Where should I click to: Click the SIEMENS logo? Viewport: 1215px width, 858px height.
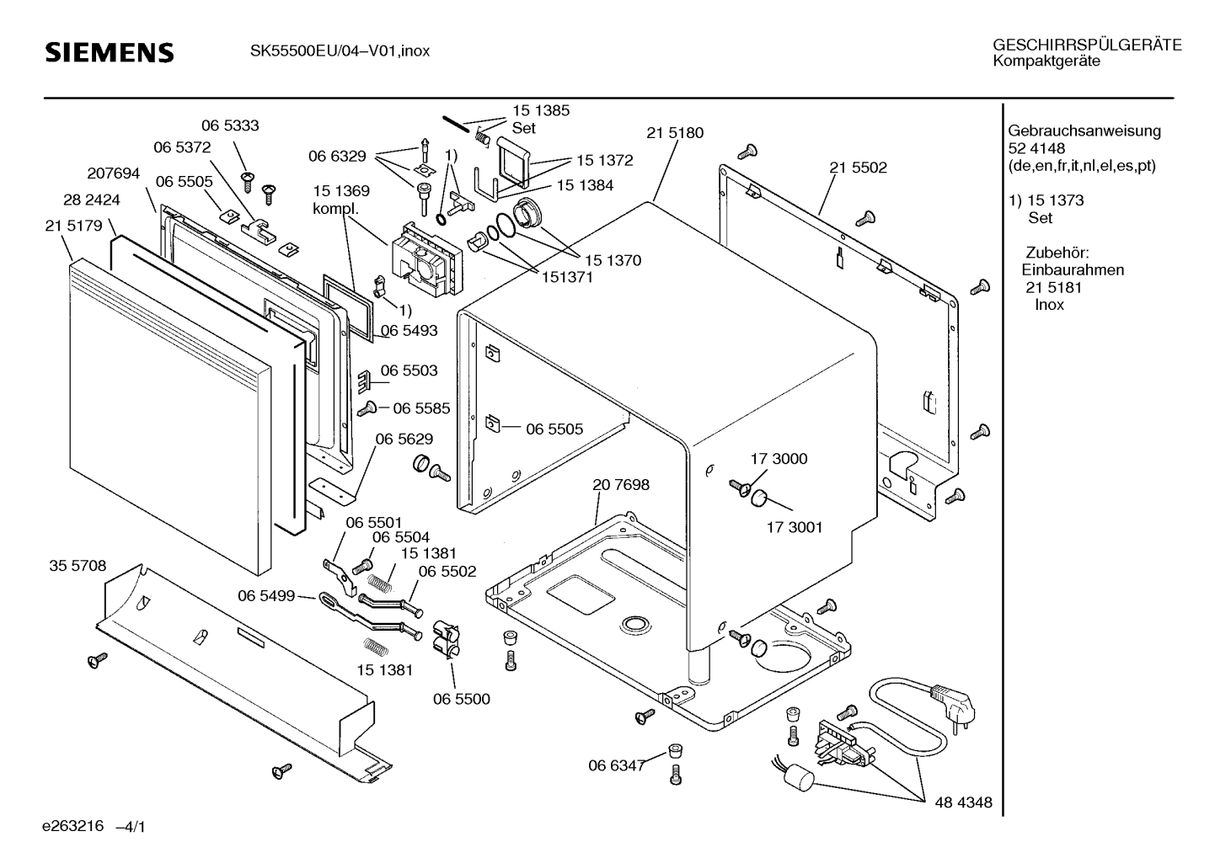(110, 52)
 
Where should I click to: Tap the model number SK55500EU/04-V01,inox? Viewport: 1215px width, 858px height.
(340, 51)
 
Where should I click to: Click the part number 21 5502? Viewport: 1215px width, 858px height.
(858, 168)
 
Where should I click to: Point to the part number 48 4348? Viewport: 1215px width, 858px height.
(963, 803)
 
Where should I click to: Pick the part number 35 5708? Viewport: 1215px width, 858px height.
(78, 566)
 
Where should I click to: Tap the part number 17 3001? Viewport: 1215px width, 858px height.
(794, 528)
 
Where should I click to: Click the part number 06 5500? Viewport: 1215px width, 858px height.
(461, 699)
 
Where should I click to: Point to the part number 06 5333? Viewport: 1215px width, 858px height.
(230, 125)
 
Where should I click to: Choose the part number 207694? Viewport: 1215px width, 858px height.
(113, 173)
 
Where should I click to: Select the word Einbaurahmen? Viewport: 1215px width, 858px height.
(1072, 270)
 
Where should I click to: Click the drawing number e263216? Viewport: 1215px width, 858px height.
(72, 826)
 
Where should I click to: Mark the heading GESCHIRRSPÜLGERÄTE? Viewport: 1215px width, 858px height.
(1086, 45)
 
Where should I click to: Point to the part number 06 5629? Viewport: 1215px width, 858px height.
(404, 439)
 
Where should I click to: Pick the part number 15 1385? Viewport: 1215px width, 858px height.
(541, 110)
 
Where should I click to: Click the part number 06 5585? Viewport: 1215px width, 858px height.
(420, 408)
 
